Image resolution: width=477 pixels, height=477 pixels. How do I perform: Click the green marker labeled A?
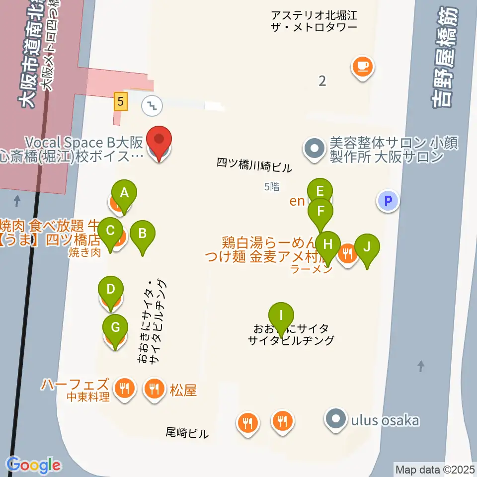[x=124, y=193]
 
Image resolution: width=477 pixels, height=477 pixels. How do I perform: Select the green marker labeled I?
[x=281, y=316]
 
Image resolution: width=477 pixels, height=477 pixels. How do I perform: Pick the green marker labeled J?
[x=367, y=247]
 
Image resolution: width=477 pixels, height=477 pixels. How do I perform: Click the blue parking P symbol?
[x=389, y=201]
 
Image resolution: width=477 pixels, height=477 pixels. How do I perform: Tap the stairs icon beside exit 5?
[x=151, y=104]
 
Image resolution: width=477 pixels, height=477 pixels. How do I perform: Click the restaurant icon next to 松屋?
[x=155, y=388]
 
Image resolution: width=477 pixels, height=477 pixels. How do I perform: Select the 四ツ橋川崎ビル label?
[x=254, y=166]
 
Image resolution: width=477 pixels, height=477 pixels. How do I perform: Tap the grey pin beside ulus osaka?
[x=335, y=418]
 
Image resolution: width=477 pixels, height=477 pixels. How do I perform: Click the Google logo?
[x=34, y=465]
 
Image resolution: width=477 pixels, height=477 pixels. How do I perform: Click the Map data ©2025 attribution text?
[x=434, y=469]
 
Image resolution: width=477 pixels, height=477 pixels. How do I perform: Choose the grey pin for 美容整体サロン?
[x=314, y=148]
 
